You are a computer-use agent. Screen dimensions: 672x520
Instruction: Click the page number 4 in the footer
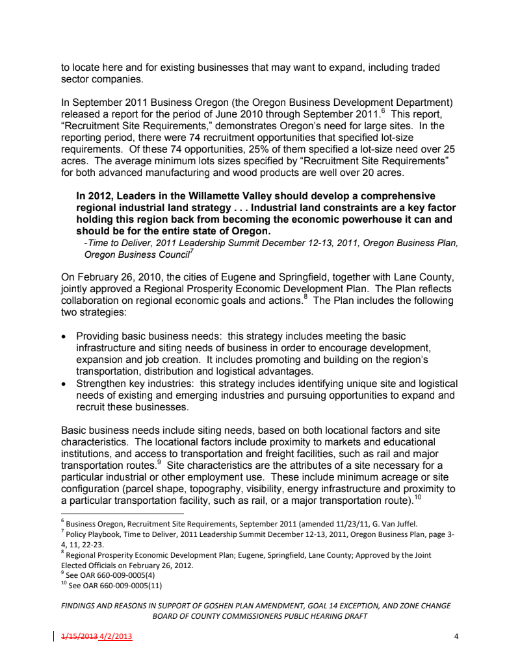(457, 636)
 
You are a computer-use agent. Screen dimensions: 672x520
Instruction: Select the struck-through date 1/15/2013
(77, 636)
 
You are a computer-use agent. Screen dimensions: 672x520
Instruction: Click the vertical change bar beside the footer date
(53, 636)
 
